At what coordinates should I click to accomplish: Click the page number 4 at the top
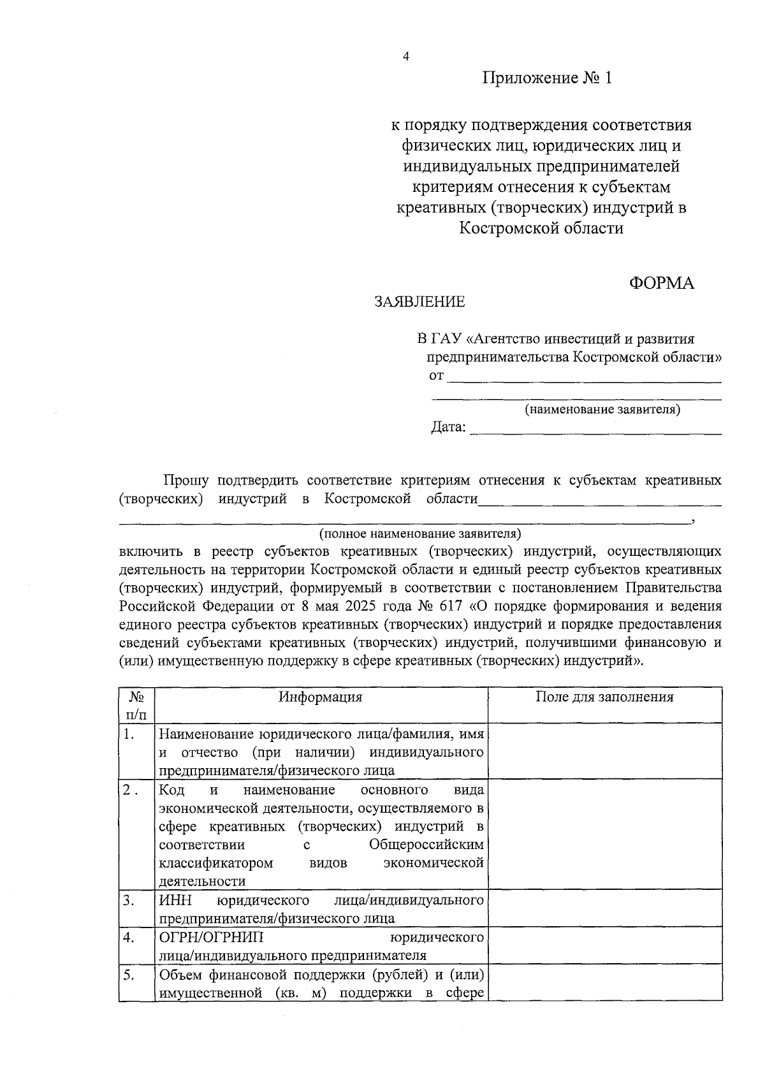405,56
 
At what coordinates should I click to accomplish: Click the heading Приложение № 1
546,78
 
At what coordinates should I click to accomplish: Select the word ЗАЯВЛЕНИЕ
419,302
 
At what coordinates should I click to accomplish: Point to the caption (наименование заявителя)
602,409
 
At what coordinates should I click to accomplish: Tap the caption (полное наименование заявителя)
420,532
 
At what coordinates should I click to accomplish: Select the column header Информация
321,697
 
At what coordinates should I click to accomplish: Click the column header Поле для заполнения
604,697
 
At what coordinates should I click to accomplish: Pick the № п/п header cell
136,706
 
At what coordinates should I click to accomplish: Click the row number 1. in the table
129,734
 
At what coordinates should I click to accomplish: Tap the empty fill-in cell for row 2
604,835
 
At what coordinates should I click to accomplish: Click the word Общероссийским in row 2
426,845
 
